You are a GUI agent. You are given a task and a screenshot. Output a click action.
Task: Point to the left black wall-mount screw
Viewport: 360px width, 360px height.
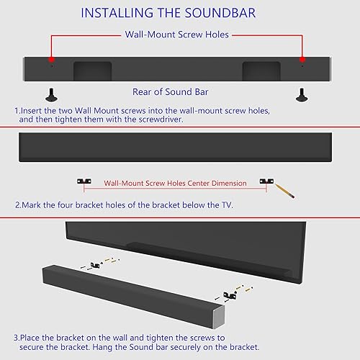click(x=51, y=94)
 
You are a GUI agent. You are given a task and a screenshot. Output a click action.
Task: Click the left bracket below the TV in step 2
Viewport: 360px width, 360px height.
click(x=84, y=183)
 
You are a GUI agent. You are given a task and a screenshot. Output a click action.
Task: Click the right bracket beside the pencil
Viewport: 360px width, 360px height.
click(x=267, y=183)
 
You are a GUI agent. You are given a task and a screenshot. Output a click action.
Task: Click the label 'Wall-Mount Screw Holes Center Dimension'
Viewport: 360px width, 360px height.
click(x=176, y=184)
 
